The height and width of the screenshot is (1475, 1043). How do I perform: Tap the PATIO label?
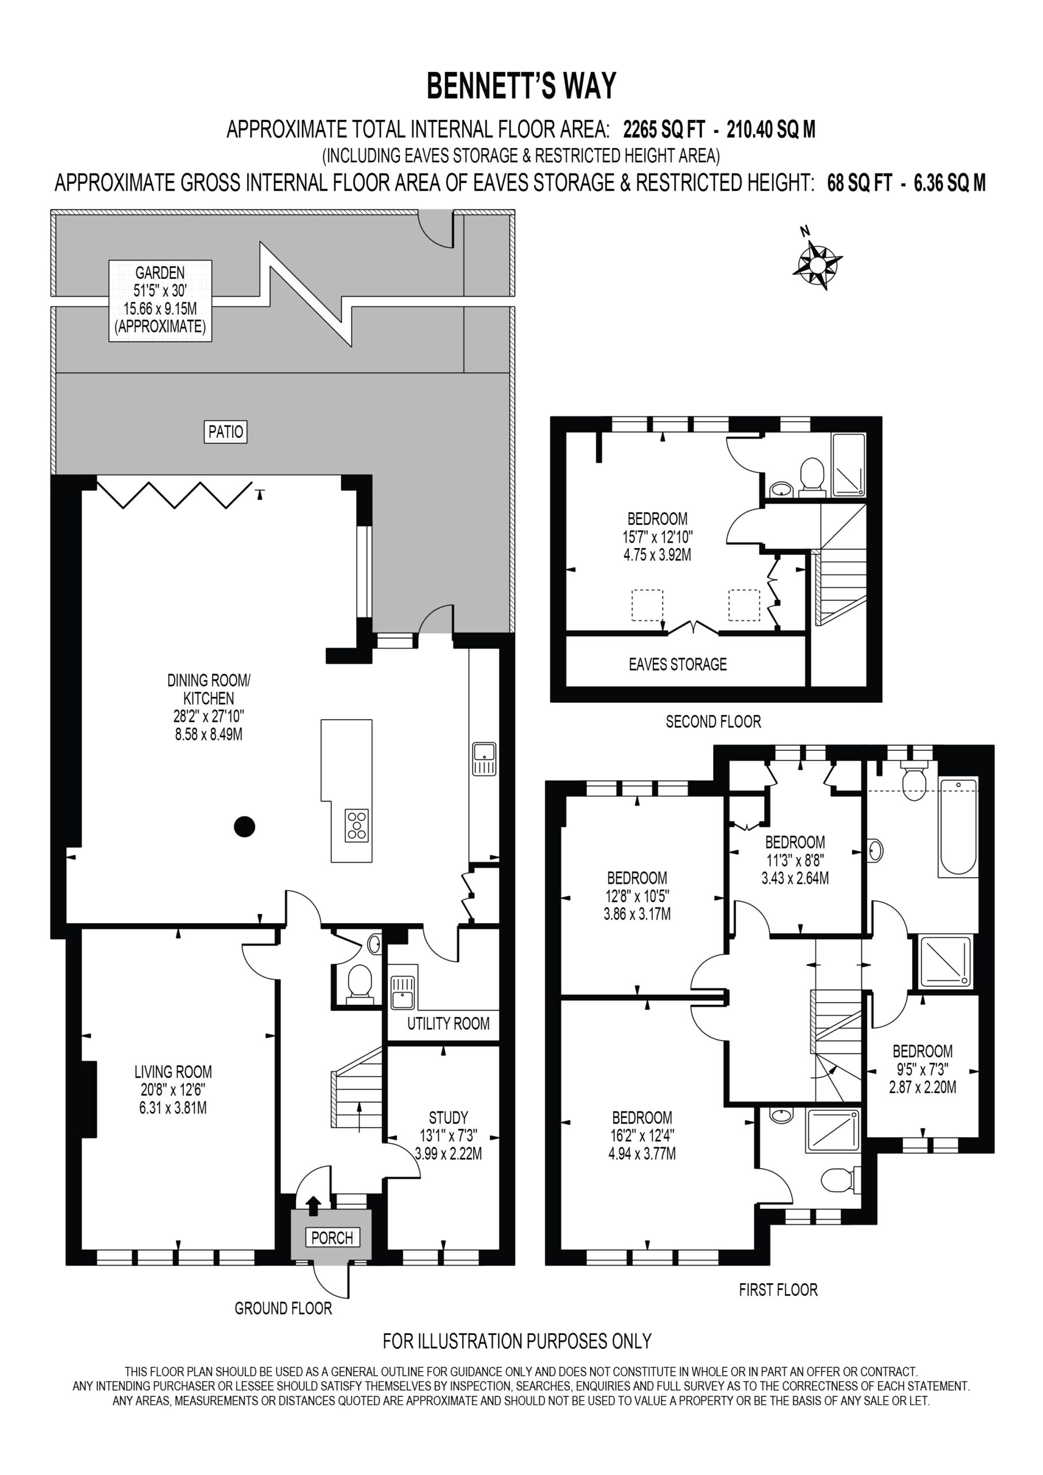[225, 432]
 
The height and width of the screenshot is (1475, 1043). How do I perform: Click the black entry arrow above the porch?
[313, 1206]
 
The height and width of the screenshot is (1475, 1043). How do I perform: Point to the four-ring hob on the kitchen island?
[357, 825]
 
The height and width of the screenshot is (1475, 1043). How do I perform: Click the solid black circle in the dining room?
[244, 827]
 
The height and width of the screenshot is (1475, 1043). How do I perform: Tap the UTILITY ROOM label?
[448, 1023]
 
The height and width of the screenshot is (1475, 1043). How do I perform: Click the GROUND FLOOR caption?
[283, 1308]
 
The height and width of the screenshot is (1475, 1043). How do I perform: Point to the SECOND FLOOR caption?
[713, 721]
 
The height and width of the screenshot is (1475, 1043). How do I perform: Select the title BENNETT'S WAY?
[521, 86]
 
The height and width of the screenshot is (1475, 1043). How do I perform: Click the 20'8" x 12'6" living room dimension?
[173, 1090]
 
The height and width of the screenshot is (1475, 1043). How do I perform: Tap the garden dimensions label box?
[160, 300]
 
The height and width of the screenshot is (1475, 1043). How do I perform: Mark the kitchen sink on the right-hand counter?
[484, 759]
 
